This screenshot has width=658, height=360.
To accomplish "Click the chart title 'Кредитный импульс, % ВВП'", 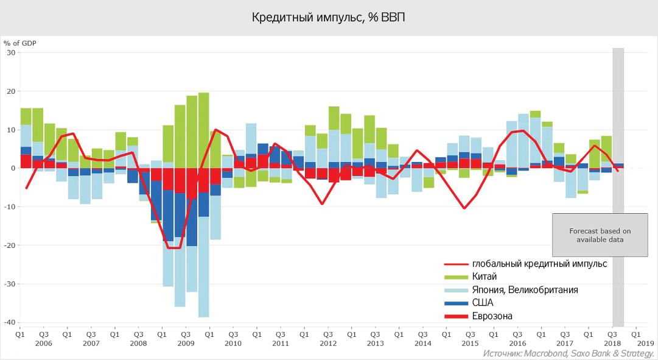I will (329, 17).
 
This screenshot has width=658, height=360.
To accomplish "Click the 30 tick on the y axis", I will (11, 52).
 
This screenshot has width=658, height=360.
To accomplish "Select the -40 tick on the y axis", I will (10, 322).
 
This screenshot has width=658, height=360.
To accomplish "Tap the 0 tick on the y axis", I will (13, 168).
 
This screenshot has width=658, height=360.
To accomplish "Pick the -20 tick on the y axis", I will (10, 245).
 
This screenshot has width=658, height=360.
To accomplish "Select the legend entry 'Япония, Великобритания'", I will (525, 290).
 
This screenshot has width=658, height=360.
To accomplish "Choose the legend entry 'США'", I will (482, 303).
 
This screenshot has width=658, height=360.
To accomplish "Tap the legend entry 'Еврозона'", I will (492, 316).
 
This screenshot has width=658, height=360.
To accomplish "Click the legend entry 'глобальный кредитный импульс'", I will (539, 264).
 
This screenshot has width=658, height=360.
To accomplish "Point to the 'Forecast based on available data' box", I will (600, 235).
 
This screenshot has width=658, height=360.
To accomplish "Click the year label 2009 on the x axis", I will (185, 344).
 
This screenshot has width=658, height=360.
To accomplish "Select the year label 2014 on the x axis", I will (422, 344).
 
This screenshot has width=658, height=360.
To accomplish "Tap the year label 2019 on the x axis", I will (646, 344).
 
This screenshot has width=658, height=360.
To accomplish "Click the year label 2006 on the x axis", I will (44, 344).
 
